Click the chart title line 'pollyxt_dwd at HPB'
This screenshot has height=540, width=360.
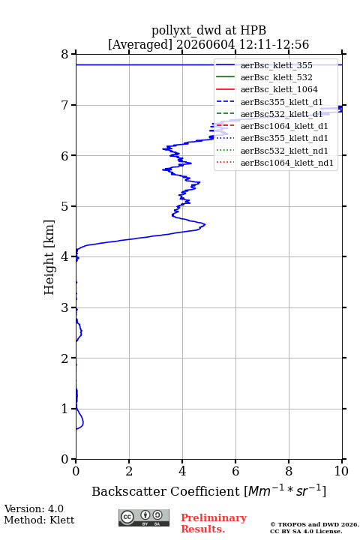[208, 31]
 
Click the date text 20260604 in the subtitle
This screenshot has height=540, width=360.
[205, 45]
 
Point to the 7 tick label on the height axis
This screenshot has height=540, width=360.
[65, 105]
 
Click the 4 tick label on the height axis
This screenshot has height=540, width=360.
[65, 257]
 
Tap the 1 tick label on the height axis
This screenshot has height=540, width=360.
[65, 409]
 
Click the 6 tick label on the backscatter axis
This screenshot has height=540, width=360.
[235, 471]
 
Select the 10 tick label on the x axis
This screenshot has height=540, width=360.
[341, 471]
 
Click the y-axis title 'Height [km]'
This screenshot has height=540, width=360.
[49, 257]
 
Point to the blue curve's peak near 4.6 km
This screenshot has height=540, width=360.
[205, 224]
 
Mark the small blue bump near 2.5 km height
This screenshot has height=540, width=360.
[81, 332]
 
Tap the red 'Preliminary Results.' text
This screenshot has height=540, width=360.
[214, 523]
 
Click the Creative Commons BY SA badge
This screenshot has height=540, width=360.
[144, 518]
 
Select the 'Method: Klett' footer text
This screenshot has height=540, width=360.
[39, 520]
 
